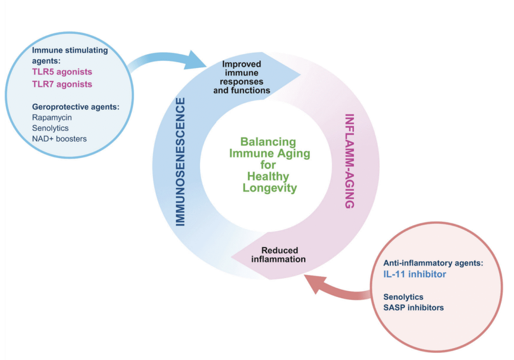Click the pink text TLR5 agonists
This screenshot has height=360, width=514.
coord(62,72)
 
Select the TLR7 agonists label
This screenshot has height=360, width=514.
coord(62,84)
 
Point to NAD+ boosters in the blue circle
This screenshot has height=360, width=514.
coord(59,138)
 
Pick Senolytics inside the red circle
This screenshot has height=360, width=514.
coord(403,297)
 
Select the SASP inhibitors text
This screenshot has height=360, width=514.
coord(413,307)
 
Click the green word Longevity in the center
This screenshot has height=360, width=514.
coord(270,189)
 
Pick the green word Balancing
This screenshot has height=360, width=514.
coord(268,142)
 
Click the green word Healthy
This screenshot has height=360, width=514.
coord(268,177)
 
